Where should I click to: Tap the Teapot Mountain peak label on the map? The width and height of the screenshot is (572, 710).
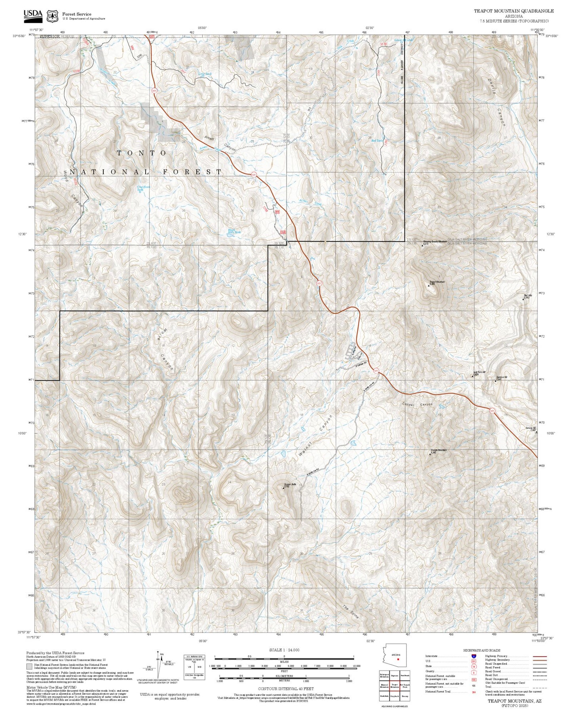pos(437,282)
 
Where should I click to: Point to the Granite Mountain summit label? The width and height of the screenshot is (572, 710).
pos(438,450)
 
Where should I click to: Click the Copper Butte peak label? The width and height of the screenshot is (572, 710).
pos(290,484)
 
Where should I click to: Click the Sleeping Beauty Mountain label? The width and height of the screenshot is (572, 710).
pos(435,241)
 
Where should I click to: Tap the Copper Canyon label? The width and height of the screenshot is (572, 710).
pos(417,404)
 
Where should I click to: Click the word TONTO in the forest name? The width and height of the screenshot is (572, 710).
pos(142,153)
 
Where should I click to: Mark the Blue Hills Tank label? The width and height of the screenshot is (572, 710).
pos(234,231)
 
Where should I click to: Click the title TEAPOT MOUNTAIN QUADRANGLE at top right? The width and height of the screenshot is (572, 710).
pos(514,11)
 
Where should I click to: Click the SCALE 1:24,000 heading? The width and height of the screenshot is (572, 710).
pos(284,650)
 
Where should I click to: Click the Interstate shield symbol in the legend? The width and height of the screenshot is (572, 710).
pos(473,656)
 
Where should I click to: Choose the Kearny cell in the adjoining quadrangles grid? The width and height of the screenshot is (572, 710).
pos(405,696)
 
